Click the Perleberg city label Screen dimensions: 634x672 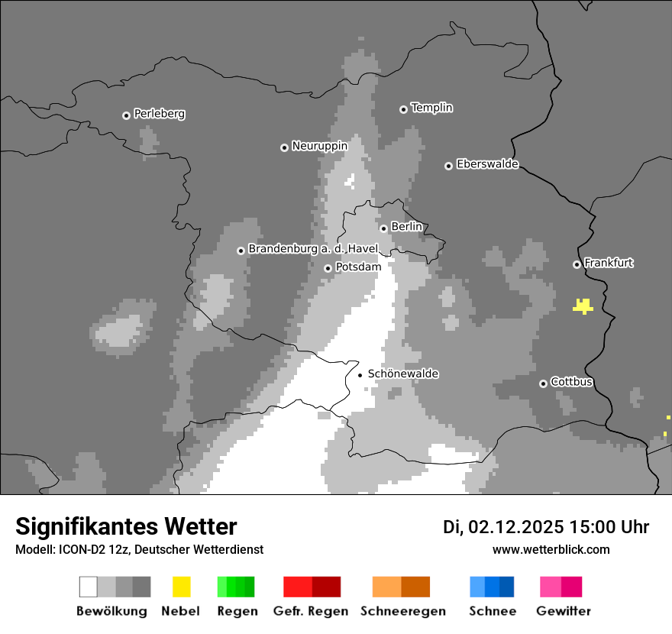point(159,114)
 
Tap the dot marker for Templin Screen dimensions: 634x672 point(403,109)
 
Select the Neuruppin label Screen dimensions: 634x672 point(319,146)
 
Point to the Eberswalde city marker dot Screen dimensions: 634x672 point(448,166)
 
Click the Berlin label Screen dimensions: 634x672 point(406,227)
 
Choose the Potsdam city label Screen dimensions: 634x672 point(358,267)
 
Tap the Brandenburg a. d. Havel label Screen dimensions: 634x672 point(313,249)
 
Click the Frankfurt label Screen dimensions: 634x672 point(609,263)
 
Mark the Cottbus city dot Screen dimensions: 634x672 point(543,383)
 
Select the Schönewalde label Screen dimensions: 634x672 point(403,374)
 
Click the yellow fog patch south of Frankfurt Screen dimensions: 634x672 point(583,307)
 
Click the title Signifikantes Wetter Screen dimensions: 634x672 point(126,526)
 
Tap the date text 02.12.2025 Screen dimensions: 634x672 point(515,527)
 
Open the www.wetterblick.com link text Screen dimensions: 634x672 point(551,549)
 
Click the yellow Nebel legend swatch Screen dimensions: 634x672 point(181,587)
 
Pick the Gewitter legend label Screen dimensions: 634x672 point(564,611)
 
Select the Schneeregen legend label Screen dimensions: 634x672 point(402,611)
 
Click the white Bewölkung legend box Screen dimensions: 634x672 point(89,587)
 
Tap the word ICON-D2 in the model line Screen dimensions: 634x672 point(79,549)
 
